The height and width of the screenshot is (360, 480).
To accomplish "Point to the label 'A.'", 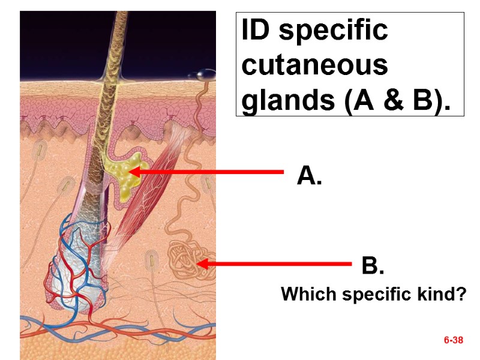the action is pos(309,176).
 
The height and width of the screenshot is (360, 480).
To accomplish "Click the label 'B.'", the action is pos(373,265).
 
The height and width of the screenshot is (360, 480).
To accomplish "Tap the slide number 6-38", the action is pos(454,340).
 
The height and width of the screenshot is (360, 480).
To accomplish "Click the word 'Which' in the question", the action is pos(303,295).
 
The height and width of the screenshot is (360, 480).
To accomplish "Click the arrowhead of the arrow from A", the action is pos(133,172).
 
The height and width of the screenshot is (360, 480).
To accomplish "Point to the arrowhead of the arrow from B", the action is pos(202,263).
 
